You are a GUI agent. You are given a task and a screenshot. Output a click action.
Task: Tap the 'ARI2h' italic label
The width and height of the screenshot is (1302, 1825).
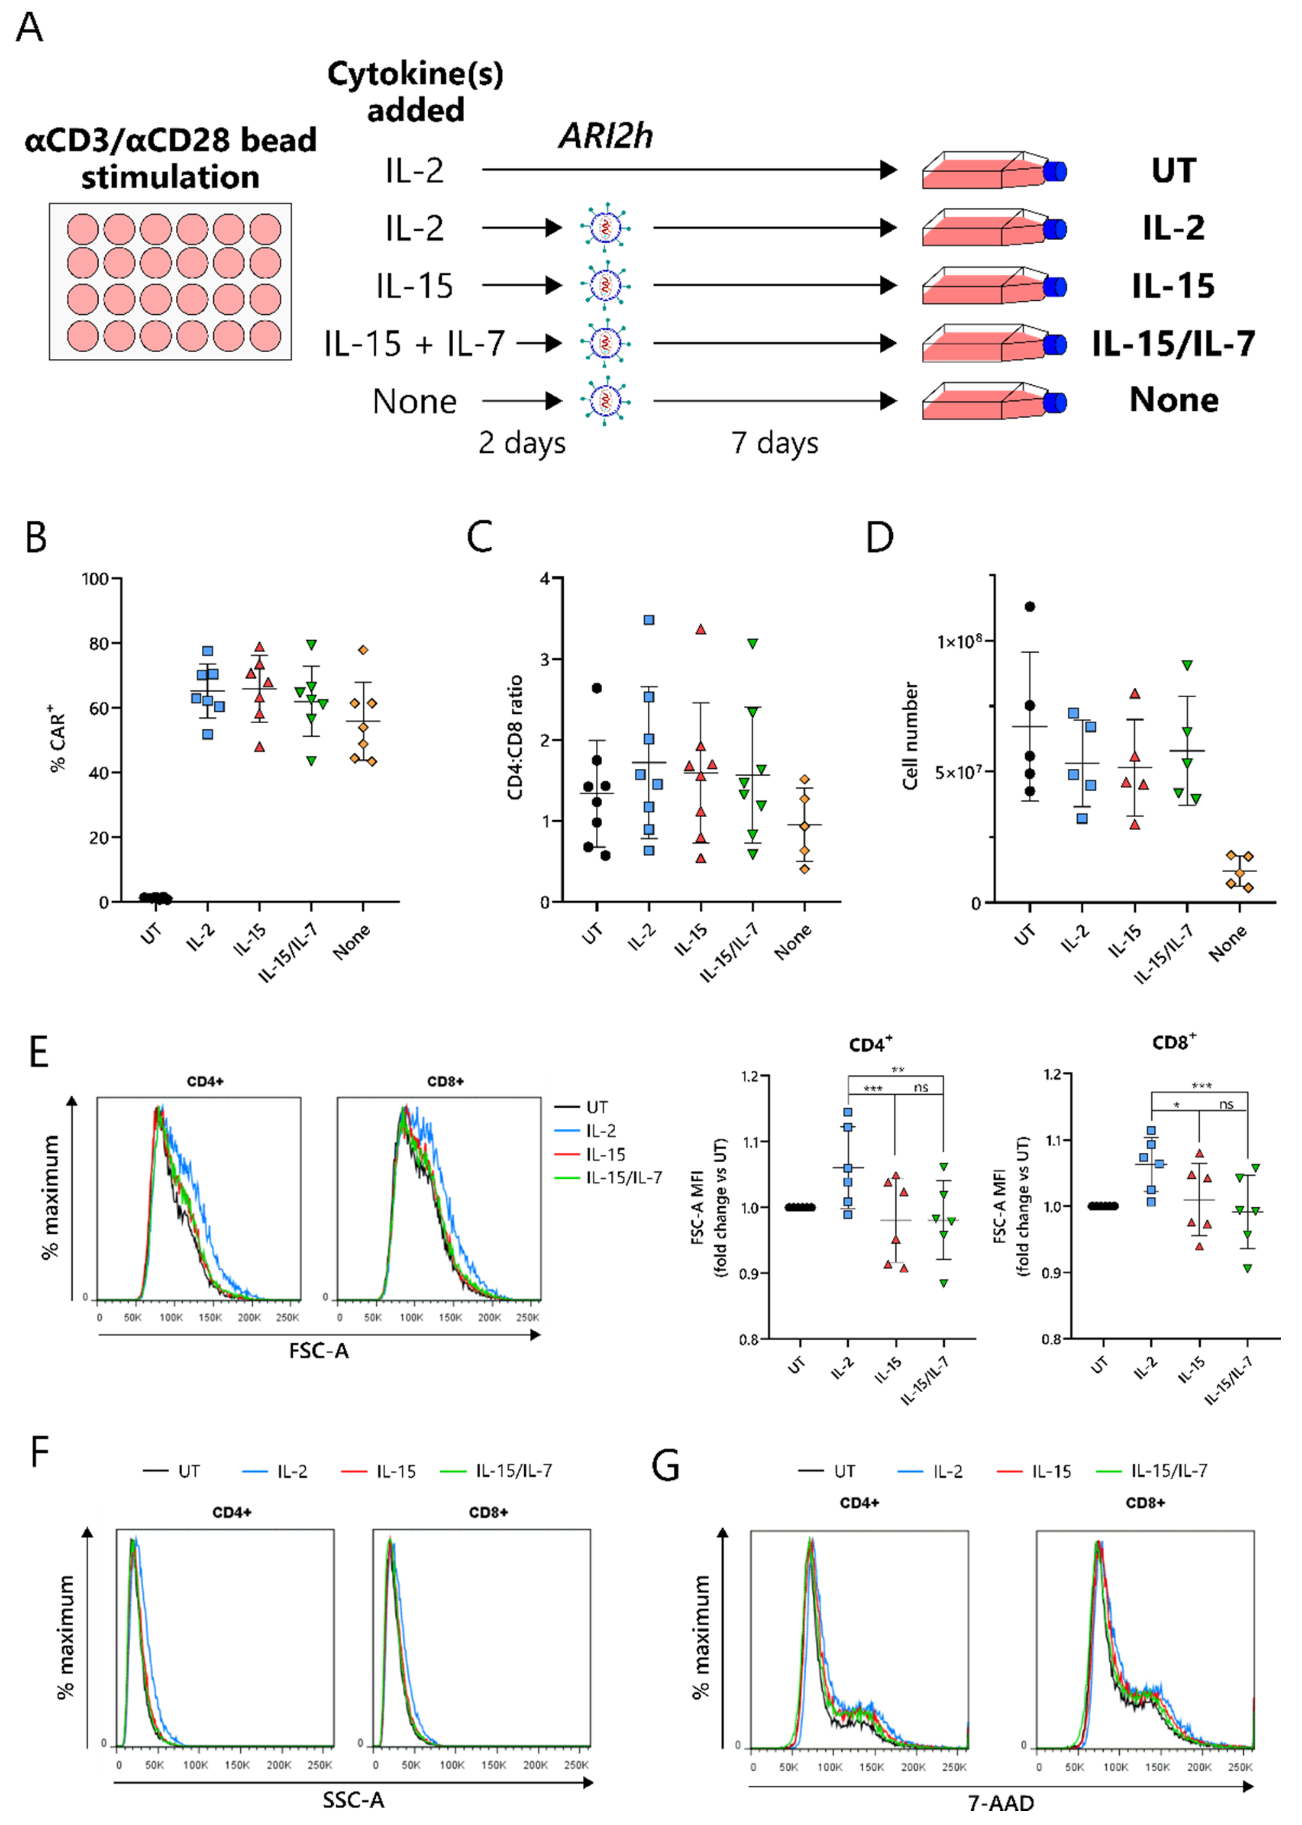click(x=605, y=136)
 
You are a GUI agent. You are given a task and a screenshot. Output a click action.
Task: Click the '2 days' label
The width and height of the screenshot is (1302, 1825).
click(x=522, y=442)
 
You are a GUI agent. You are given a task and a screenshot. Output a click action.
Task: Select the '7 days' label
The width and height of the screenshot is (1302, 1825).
click(x=774, y=442)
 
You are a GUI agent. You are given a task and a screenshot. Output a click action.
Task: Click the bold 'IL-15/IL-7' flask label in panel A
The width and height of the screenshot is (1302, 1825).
click(x=1173, y=343)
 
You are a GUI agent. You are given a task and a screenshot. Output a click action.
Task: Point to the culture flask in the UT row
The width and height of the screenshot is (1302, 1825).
click(x=993, y=170)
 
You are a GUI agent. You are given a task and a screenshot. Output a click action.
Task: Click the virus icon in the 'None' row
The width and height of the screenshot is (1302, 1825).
click(x=605, y=400)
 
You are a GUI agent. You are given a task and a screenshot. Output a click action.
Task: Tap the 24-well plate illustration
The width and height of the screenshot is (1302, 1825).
click(x=170, y=280)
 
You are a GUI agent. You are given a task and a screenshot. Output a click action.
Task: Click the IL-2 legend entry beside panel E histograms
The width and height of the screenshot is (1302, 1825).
click(x=601, y=1130)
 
